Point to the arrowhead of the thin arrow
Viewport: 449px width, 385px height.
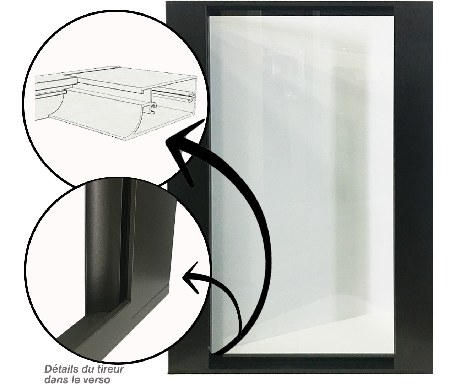click(x=190, y=277)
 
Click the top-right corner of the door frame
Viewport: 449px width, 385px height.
click(x=433, y=2)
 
